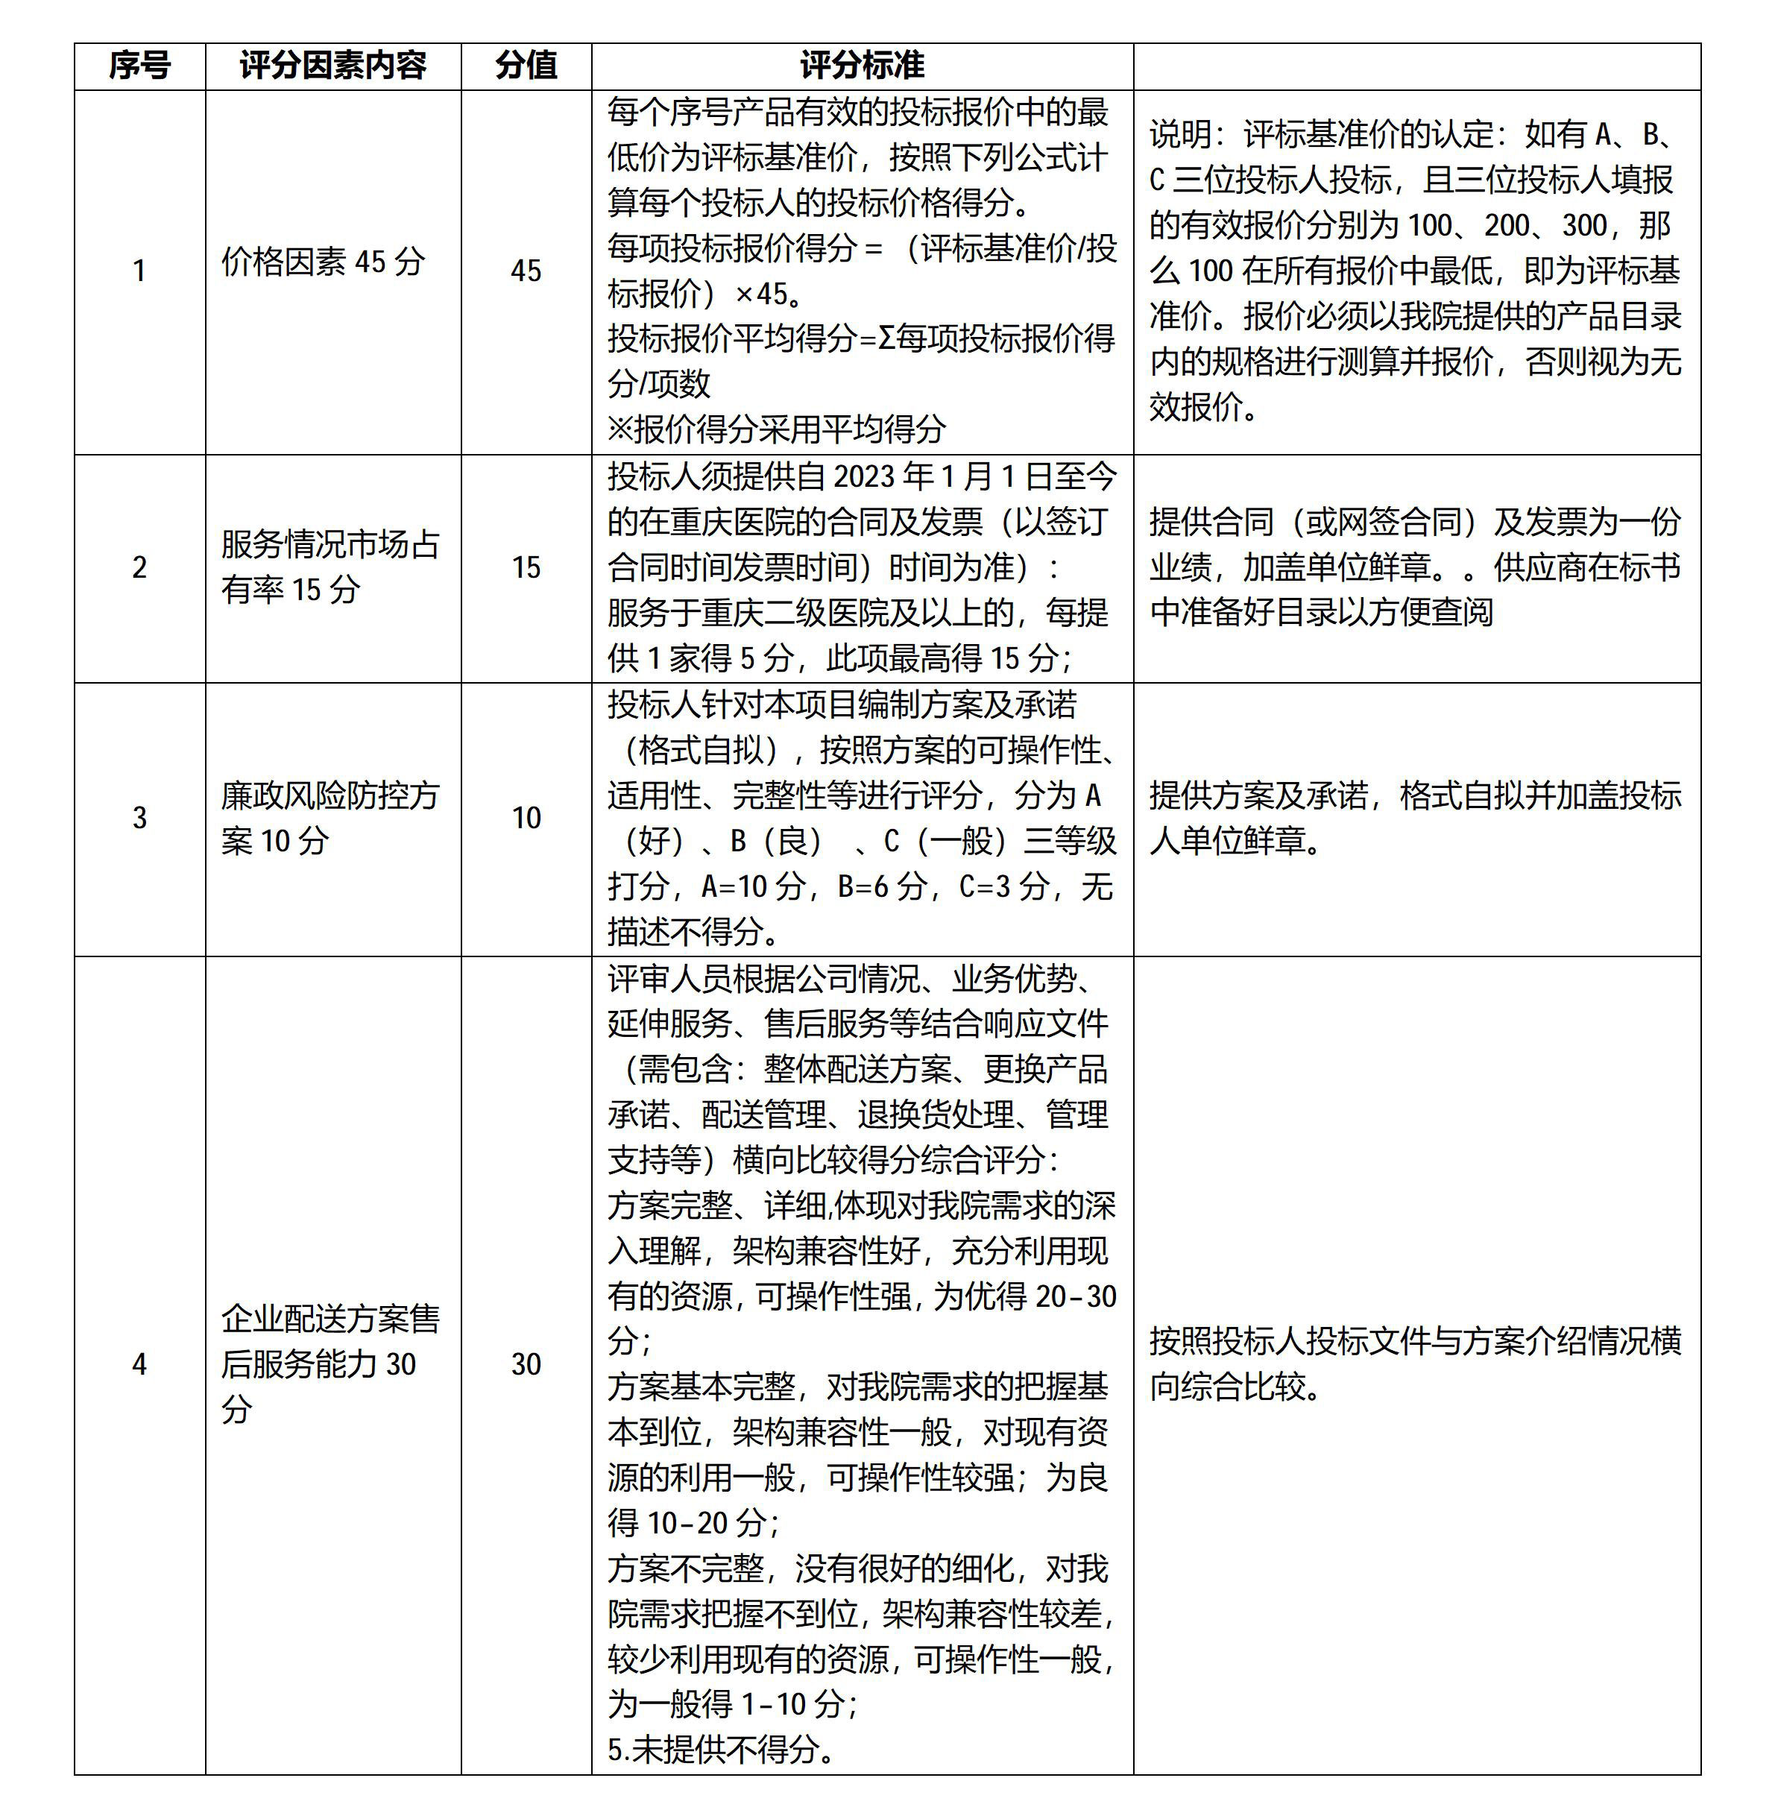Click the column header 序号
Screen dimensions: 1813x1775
click(x=140, y=66)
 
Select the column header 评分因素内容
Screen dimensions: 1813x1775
click(x=332, y=66)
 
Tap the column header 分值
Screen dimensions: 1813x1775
click(x=526, y=66)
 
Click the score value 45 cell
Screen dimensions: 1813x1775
click(x=526, y=271)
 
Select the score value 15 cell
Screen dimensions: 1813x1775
click(x=526, y=567)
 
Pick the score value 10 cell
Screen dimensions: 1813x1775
click(x=526, y=819)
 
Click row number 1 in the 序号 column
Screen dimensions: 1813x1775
click(x=140, y=271)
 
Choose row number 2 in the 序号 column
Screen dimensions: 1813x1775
click(x=140, y=567)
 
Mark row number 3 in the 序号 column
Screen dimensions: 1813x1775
click(x=140, y=819)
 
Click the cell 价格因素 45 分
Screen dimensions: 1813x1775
click(x=323, y=262)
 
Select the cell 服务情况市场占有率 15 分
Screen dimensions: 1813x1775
click(x=330, y=567)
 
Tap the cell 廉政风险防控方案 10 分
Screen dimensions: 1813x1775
click(x=330, y=819)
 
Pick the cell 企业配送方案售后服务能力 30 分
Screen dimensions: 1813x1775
click(x=330, y=1363)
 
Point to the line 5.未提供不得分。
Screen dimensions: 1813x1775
click(x=721, y=1750)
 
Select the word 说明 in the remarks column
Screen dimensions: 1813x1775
click(x=1179, y=135)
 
